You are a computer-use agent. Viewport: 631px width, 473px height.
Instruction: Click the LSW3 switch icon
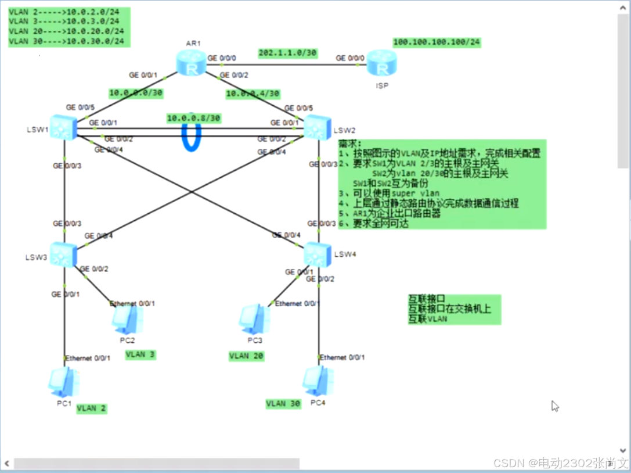click(x=63, y=254)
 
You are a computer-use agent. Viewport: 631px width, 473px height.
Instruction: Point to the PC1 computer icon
click(x=63, y=382)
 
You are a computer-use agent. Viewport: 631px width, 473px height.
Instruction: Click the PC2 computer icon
click(x=127, y=319)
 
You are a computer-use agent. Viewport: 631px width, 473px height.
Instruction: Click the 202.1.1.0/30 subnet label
click(x=287, y=53)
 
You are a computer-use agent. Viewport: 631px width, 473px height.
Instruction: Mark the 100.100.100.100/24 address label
click(x=437, y=42)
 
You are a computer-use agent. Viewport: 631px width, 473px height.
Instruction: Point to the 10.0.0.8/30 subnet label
click(x=194, y=118)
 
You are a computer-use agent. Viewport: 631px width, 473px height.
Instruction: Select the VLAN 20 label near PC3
click(x=247, y=356)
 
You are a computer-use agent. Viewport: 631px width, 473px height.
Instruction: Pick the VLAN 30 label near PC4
click(x=284, y=404)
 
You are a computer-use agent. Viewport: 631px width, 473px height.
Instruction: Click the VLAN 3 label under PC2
click(x=140, y=354)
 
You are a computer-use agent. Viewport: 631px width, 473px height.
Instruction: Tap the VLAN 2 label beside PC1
click(x=92, y=408)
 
